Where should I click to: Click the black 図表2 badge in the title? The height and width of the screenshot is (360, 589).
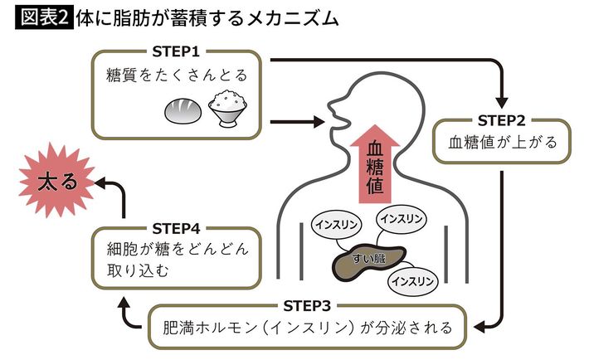point(41,18)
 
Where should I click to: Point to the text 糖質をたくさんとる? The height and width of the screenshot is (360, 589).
point(177,77)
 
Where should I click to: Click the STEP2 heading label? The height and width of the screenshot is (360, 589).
point(504,119)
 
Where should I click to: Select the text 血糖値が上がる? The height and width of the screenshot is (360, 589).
point(503,143)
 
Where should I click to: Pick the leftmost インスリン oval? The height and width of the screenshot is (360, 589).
point(337,225)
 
